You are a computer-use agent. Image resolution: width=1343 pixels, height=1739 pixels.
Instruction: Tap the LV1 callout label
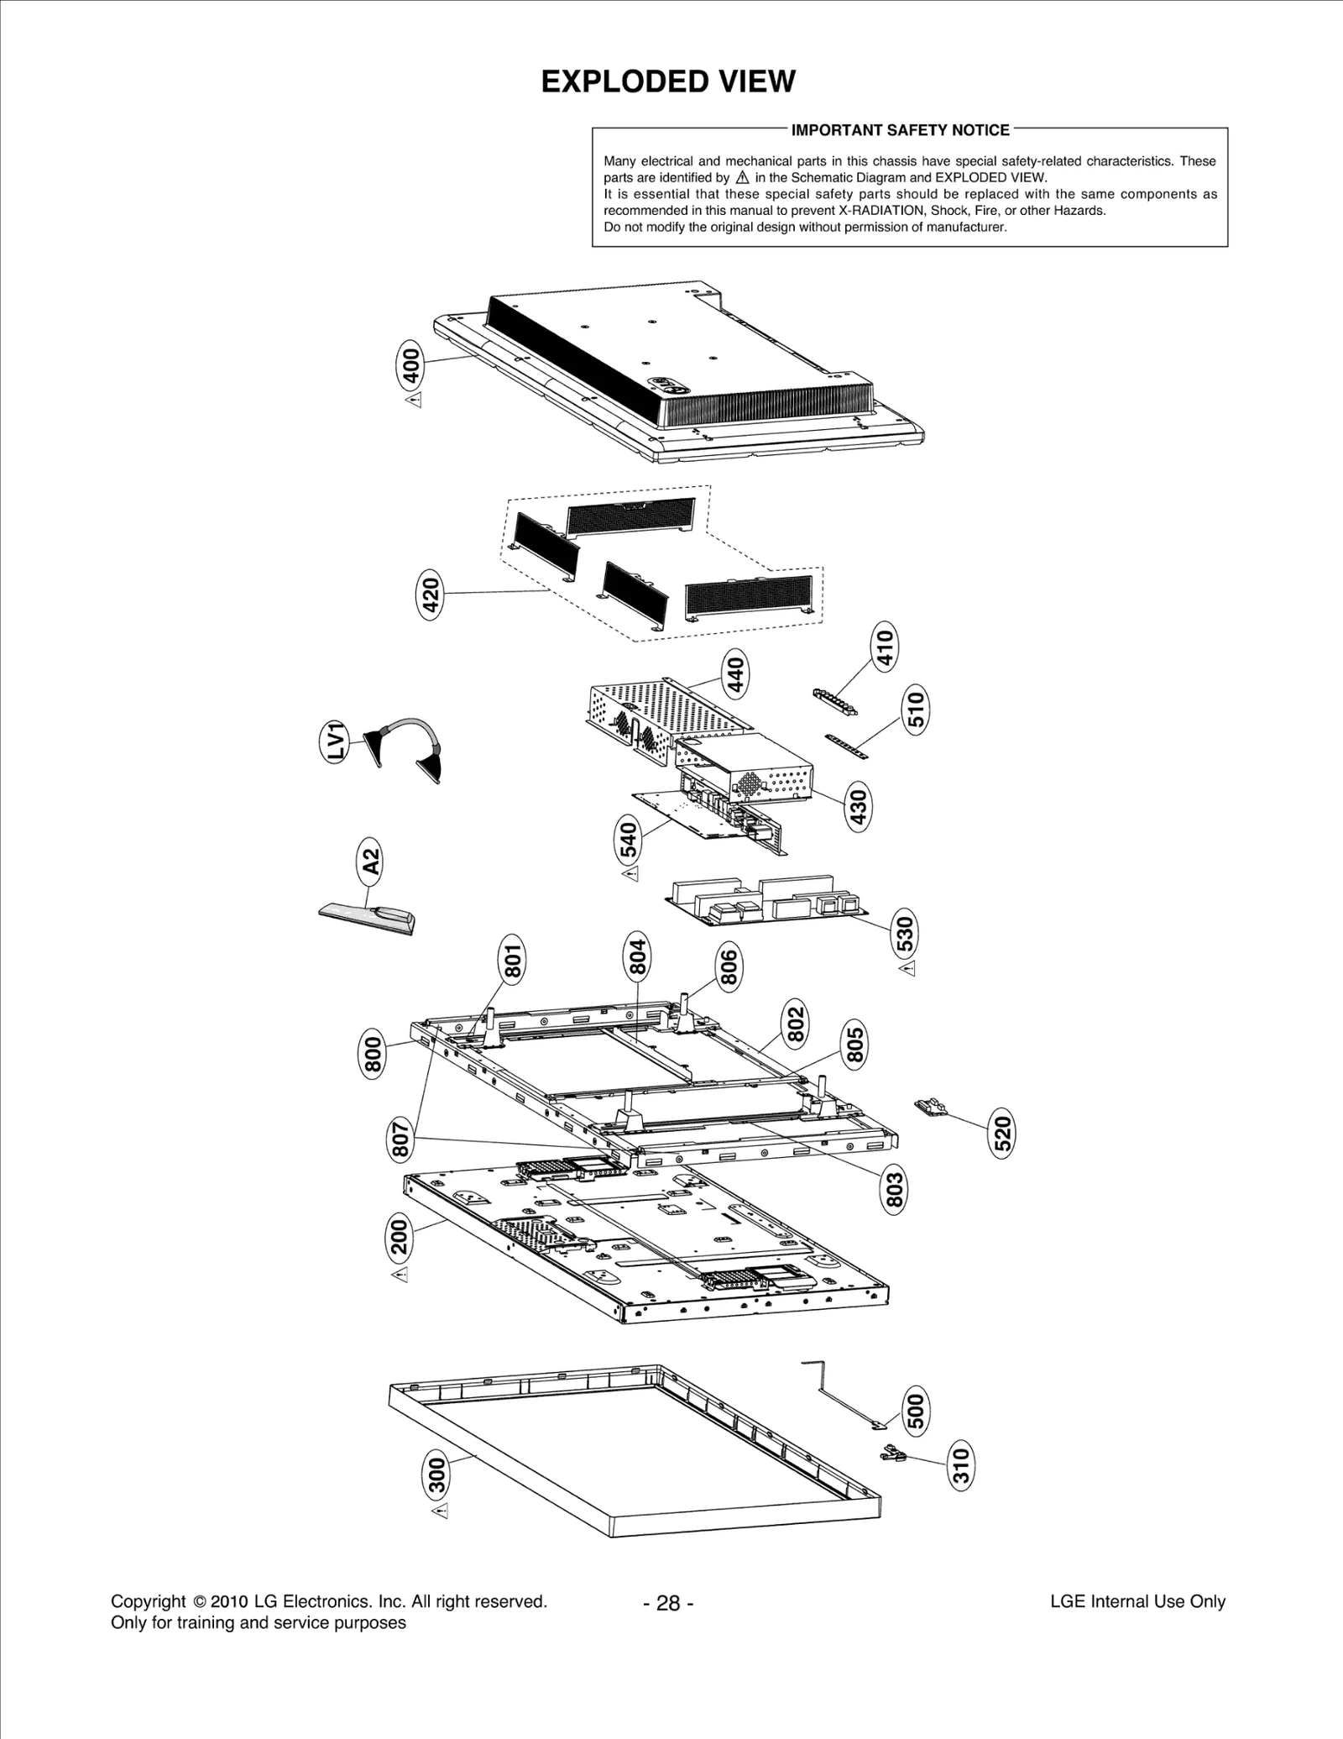coord(337,741)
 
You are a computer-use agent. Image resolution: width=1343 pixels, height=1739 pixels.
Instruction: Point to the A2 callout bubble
coord(370,862)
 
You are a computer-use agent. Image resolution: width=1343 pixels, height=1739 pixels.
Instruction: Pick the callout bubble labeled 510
coord(916,709)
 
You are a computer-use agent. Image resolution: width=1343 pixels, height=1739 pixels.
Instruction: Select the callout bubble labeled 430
coord(859,808)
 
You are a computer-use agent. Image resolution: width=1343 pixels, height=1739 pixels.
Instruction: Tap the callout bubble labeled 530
coord(905,932)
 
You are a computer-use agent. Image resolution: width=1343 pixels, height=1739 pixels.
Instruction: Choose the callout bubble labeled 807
coord(401,1139)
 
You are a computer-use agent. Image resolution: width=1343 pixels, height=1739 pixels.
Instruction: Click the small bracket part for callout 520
coord(930,1107)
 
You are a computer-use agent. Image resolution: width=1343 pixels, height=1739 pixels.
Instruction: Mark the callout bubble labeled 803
coord(895,1190)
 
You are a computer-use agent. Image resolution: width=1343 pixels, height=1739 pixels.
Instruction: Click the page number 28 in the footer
coord(668,1603)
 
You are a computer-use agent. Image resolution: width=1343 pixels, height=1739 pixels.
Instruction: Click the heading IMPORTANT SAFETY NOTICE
coord(900,130)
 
